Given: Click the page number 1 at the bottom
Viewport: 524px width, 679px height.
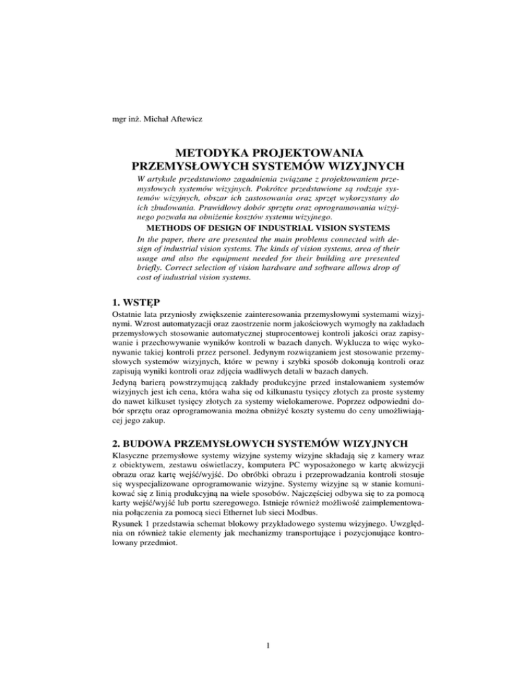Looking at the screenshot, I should coord(263,647).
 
